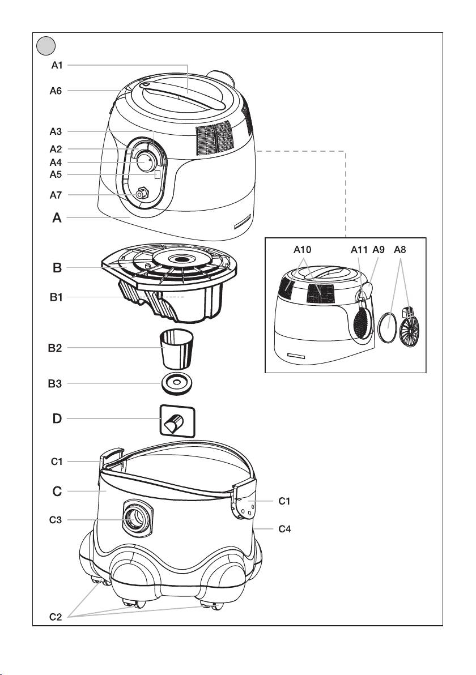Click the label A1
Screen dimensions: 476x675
tap(57, 66)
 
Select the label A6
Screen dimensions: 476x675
tap(56, 91)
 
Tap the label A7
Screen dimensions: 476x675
tap(56, 195)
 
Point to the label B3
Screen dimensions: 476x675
tap(55, 384)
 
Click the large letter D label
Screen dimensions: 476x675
tap(57, 418)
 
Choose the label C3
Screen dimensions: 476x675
tap(56, 520)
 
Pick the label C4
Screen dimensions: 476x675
tap(284, 529)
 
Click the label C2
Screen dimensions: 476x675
tap(56, 617)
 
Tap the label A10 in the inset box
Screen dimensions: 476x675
tap(303, 250)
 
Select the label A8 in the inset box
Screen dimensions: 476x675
tap(400, 250)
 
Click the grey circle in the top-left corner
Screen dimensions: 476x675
tap(46, 46)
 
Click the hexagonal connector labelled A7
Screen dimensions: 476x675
tap(141, 194)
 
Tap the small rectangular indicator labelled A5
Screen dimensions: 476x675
tap(158, 175)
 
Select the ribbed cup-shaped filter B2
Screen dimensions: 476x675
tap(177, 348)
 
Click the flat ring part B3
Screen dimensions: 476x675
tap(177, 383)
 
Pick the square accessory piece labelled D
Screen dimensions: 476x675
tap(177, 421)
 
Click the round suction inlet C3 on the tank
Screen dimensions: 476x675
tap(138, 519)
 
